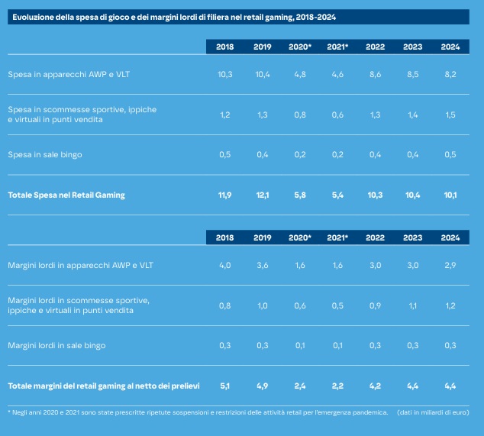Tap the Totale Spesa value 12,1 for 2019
(263, 195)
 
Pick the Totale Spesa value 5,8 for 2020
(298, 195)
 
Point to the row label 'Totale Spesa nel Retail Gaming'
(66, 195)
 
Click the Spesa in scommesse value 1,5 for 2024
(450, 115)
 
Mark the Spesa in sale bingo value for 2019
(263, 154)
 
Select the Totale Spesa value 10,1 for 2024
(450, 195)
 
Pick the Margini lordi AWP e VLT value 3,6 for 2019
(263, 265)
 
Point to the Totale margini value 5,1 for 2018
(224, 385)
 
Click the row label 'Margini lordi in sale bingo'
(56, 345)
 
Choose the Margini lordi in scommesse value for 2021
(337, 305)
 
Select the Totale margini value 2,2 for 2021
(337, 385)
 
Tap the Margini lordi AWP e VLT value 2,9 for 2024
(450, 265)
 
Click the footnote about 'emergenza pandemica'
(198, 412)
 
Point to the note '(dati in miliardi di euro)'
(433, 412)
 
